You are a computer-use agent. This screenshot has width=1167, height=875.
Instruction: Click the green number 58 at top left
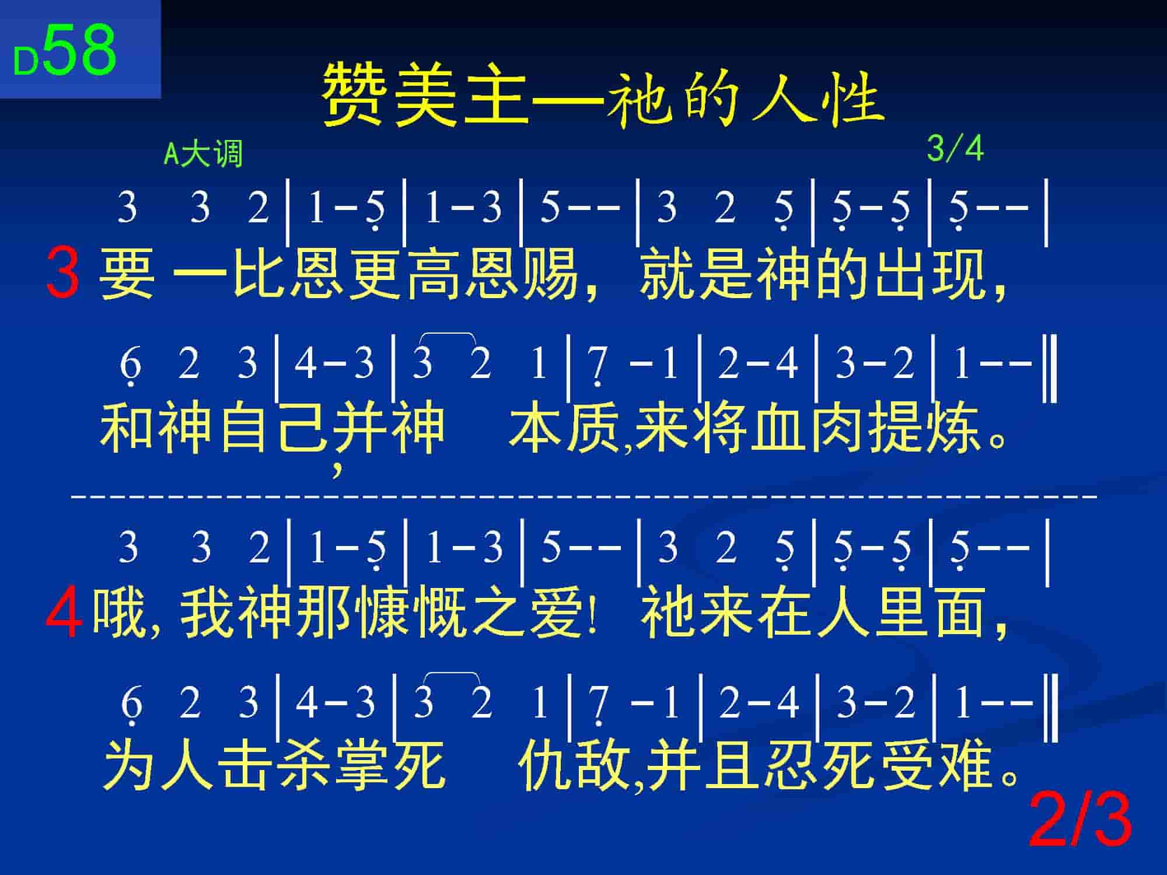coord(80,50)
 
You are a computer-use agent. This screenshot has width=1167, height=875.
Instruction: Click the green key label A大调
coord(203,155)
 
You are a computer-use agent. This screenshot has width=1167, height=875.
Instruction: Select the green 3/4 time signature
coord(955,149)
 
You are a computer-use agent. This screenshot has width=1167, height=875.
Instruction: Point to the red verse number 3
coord(63,272)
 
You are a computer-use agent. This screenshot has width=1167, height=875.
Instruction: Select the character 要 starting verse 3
coord(127,272)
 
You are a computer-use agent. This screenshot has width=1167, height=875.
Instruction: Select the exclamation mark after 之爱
coord(593,612)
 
